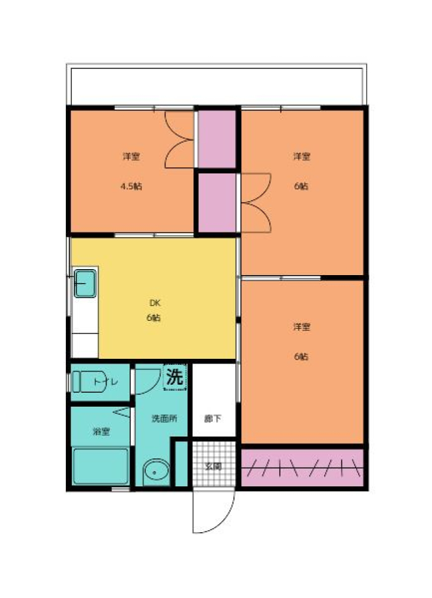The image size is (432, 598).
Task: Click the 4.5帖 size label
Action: point(132,186)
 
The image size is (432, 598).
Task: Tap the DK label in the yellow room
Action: point(155,303)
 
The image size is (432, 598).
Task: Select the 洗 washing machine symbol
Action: point(175,377)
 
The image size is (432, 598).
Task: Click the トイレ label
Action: point(106,382)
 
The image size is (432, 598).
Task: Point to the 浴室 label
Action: point(101,431)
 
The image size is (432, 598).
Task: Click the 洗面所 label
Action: point(164,419)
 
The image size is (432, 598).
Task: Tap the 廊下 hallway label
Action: point(213,419)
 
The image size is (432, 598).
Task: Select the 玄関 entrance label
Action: point(213,466)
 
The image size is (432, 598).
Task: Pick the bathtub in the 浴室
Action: point(101,466)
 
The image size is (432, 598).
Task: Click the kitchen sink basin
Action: point(84,283)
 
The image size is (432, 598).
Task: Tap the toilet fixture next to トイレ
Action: point(88,381)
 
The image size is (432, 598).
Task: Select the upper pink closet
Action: point(217,139)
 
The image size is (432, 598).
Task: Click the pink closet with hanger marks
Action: point(302,467)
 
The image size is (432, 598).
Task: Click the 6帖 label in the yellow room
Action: point(154,318)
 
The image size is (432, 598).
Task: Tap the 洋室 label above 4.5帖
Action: point(132,156)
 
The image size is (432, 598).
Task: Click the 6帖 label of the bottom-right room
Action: point(301,356)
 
